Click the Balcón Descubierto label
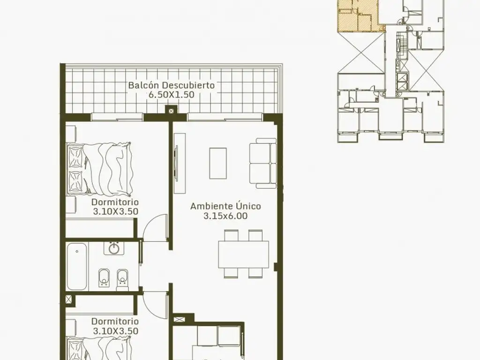(172, 85)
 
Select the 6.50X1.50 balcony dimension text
(172, 95)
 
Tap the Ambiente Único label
(225, 206)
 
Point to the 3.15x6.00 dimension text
(225, 216)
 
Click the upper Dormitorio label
(115, 202)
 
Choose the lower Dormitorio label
(115, 321)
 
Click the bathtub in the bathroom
(77, 266)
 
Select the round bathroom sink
(114, 248)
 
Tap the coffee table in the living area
(218, 163)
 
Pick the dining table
(244, 254)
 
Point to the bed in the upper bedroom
(100, 168)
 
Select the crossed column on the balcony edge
(171, 110)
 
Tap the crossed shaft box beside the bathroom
(70, 300)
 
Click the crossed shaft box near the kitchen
(178, 319)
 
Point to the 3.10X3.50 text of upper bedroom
(115, 211)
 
